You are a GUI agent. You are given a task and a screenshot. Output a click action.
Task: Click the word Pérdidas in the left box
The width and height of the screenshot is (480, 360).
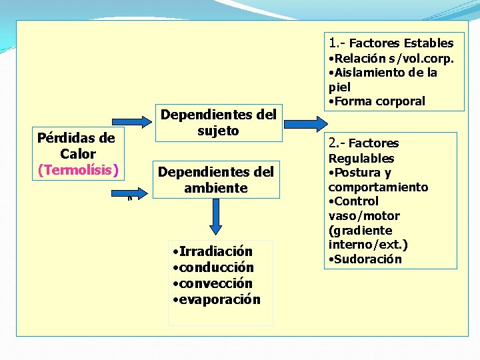point(67,138)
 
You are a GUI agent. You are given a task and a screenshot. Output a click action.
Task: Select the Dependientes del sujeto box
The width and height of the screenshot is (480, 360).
point(218,123)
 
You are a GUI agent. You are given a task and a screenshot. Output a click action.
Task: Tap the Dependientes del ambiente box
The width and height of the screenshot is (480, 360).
point(215,180)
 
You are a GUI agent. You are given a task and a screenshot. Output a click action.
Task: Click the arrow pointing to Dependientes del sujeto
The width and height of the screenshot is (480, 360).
point(137,121)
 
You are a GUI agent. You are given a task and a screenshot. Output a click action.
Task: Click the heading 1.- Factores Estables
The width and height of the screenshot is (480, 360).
point(391,43)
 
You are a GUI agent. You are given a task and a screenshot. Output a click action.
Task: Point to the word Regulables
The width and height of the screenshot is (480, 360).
point(361,159)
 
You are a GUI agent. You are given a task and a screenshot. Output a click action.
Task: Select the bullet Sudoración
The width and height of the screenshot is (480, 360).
point(367,259)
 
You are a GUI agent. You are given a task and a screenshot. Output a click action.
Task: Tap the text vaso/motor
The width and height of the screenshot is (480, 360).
point(364,216)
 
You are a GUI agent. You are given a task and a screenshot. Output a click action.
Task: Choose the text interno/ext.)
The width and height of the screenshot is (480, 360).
point(368,245)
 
